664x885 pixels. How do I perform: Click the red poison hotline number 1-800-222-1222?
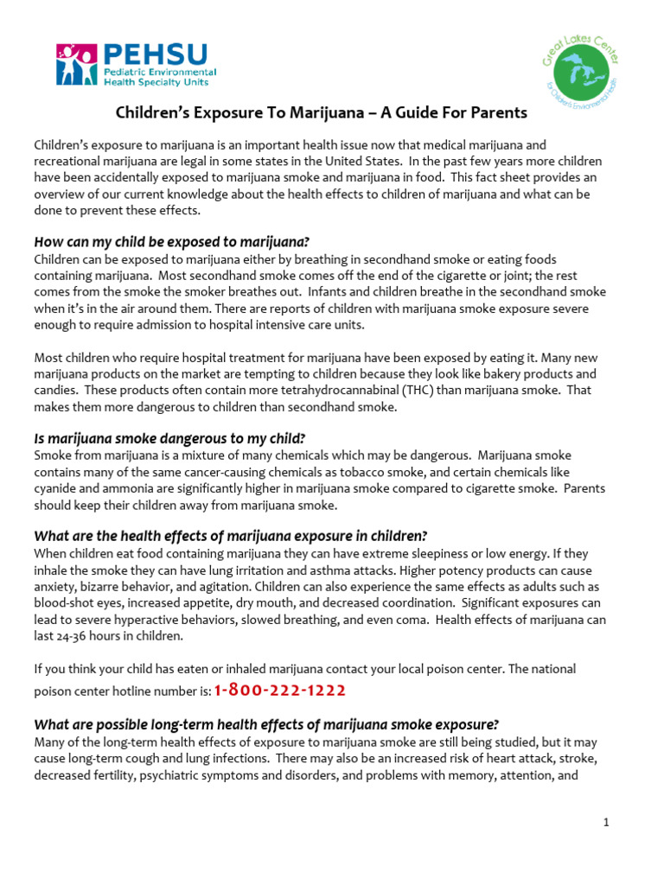279,690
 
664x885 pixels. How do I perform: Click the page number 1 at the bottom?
607,823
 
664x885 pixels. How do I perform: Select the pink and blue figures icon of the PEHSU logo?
76,65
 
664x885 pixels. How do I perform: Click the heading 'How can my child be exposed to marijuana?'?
171,241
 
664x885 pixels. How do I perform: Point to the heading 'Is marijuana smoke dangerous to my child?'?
169,437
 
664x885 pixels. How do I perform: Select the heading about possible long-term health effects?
265,724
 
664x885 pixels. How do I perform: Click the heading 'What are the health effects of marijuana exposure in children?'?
230,535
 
